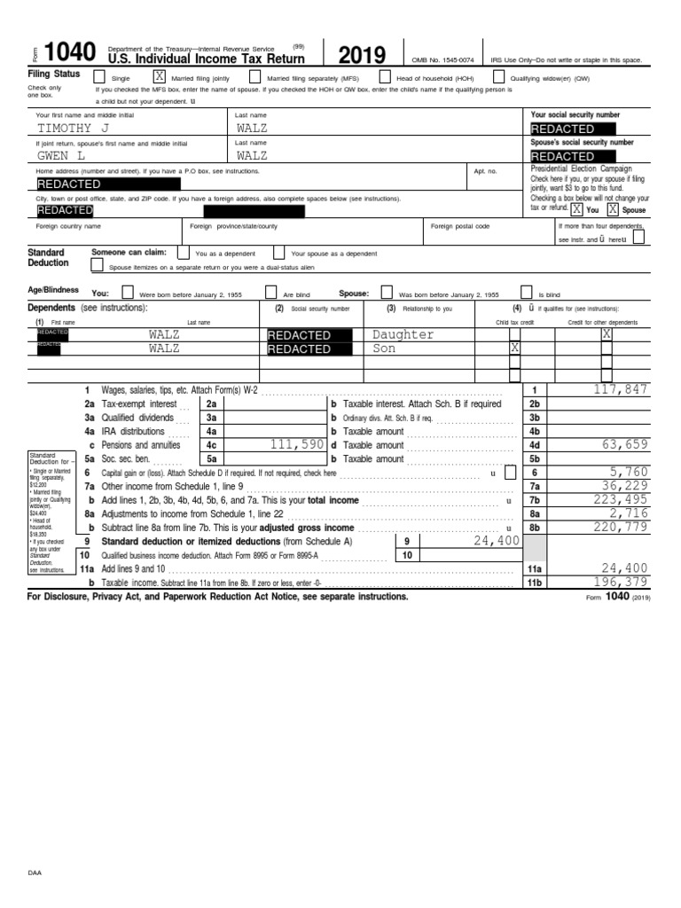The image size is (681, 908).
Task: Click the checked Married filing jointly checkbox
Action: pyautogui.click(x=160, y=77)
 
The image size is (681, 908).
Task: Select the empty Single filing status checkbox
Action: pyautogui.click(x=99, y=77)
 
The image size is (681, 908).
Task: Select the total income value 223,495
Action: pyautogui.click(x=621, y=500)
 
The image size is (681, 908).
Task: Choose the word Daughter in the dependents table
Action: pyautogui.click(x=403, y=334)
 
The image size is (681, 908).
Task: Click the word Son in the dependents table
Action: pyautogui.click(x=384, y=348)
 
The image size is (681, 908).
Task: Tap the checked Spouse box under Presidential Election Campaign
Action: pyautogui.click(x=613, y=209)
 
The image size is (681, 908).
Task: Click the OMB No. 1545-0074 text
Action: pyautogui.click(x=442, y=59)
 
